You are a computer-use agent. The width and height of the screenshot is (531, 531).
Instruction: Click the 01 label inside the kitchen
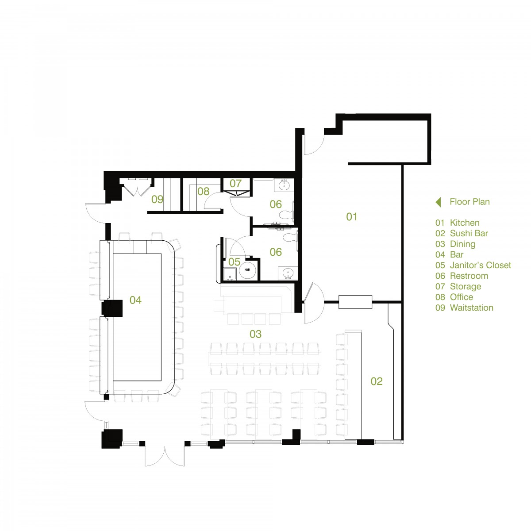coord(351,217)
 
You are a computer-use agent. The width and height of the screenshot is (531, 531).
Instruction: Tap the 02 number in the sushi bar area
coord(377,381)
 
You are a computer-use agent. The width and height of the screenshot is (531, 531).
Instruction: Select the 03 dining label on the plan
coord(255,334)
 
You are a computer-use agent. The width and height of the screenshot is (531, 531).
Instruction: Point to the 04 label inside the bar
coord(135,300)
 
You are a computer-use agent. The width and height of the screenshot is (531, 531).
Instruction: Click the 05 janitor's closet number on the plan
coord(234,262)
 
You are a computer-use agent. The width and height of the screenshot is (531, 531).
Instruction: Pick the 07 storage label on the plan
coord(235,183)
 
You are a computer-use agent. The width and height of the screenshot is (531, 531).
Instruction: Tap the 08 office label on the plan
coord(204,191)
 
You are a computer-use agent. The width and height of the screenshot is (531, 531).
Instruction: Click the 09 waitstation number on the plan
coord(158,199)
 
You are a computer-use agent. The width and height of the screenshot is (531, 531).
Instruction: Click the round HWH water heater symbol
coord(247,270)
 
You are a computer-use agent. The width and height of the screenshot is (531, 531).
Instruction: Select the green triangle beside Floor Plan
coord(438,202)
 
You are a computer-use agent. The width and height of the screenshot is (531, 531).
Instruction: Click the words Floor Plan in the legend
coord(469,202)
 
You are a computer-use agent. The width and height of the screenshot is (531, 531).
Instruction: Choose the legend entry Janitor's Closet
coord(480,265)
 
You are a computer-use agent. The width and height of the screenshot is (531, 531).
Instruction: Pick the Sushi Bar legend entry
coord(469,233)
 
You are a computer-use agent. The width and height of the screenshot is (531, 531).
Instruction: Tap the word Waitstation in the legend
coord(471,308)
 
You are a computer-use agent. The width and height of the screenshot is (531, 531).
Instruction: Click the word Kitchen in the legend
coord(465,223)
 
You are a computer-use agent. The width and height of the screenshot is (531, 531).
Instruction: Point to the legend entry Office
coord(461,297)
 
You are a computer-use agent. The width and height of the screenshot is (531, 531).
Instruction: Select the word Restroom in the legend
coord(469,276)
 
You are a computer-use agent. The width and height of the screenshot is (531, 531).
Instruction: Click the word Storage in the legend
coord(466,287)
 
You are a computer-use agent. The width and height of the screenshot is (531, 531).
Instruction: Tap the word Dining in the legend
coord(462,244)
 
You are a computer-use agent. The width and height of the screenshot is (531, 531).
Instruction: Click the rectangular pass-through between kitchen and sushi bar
coord(355,302)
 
